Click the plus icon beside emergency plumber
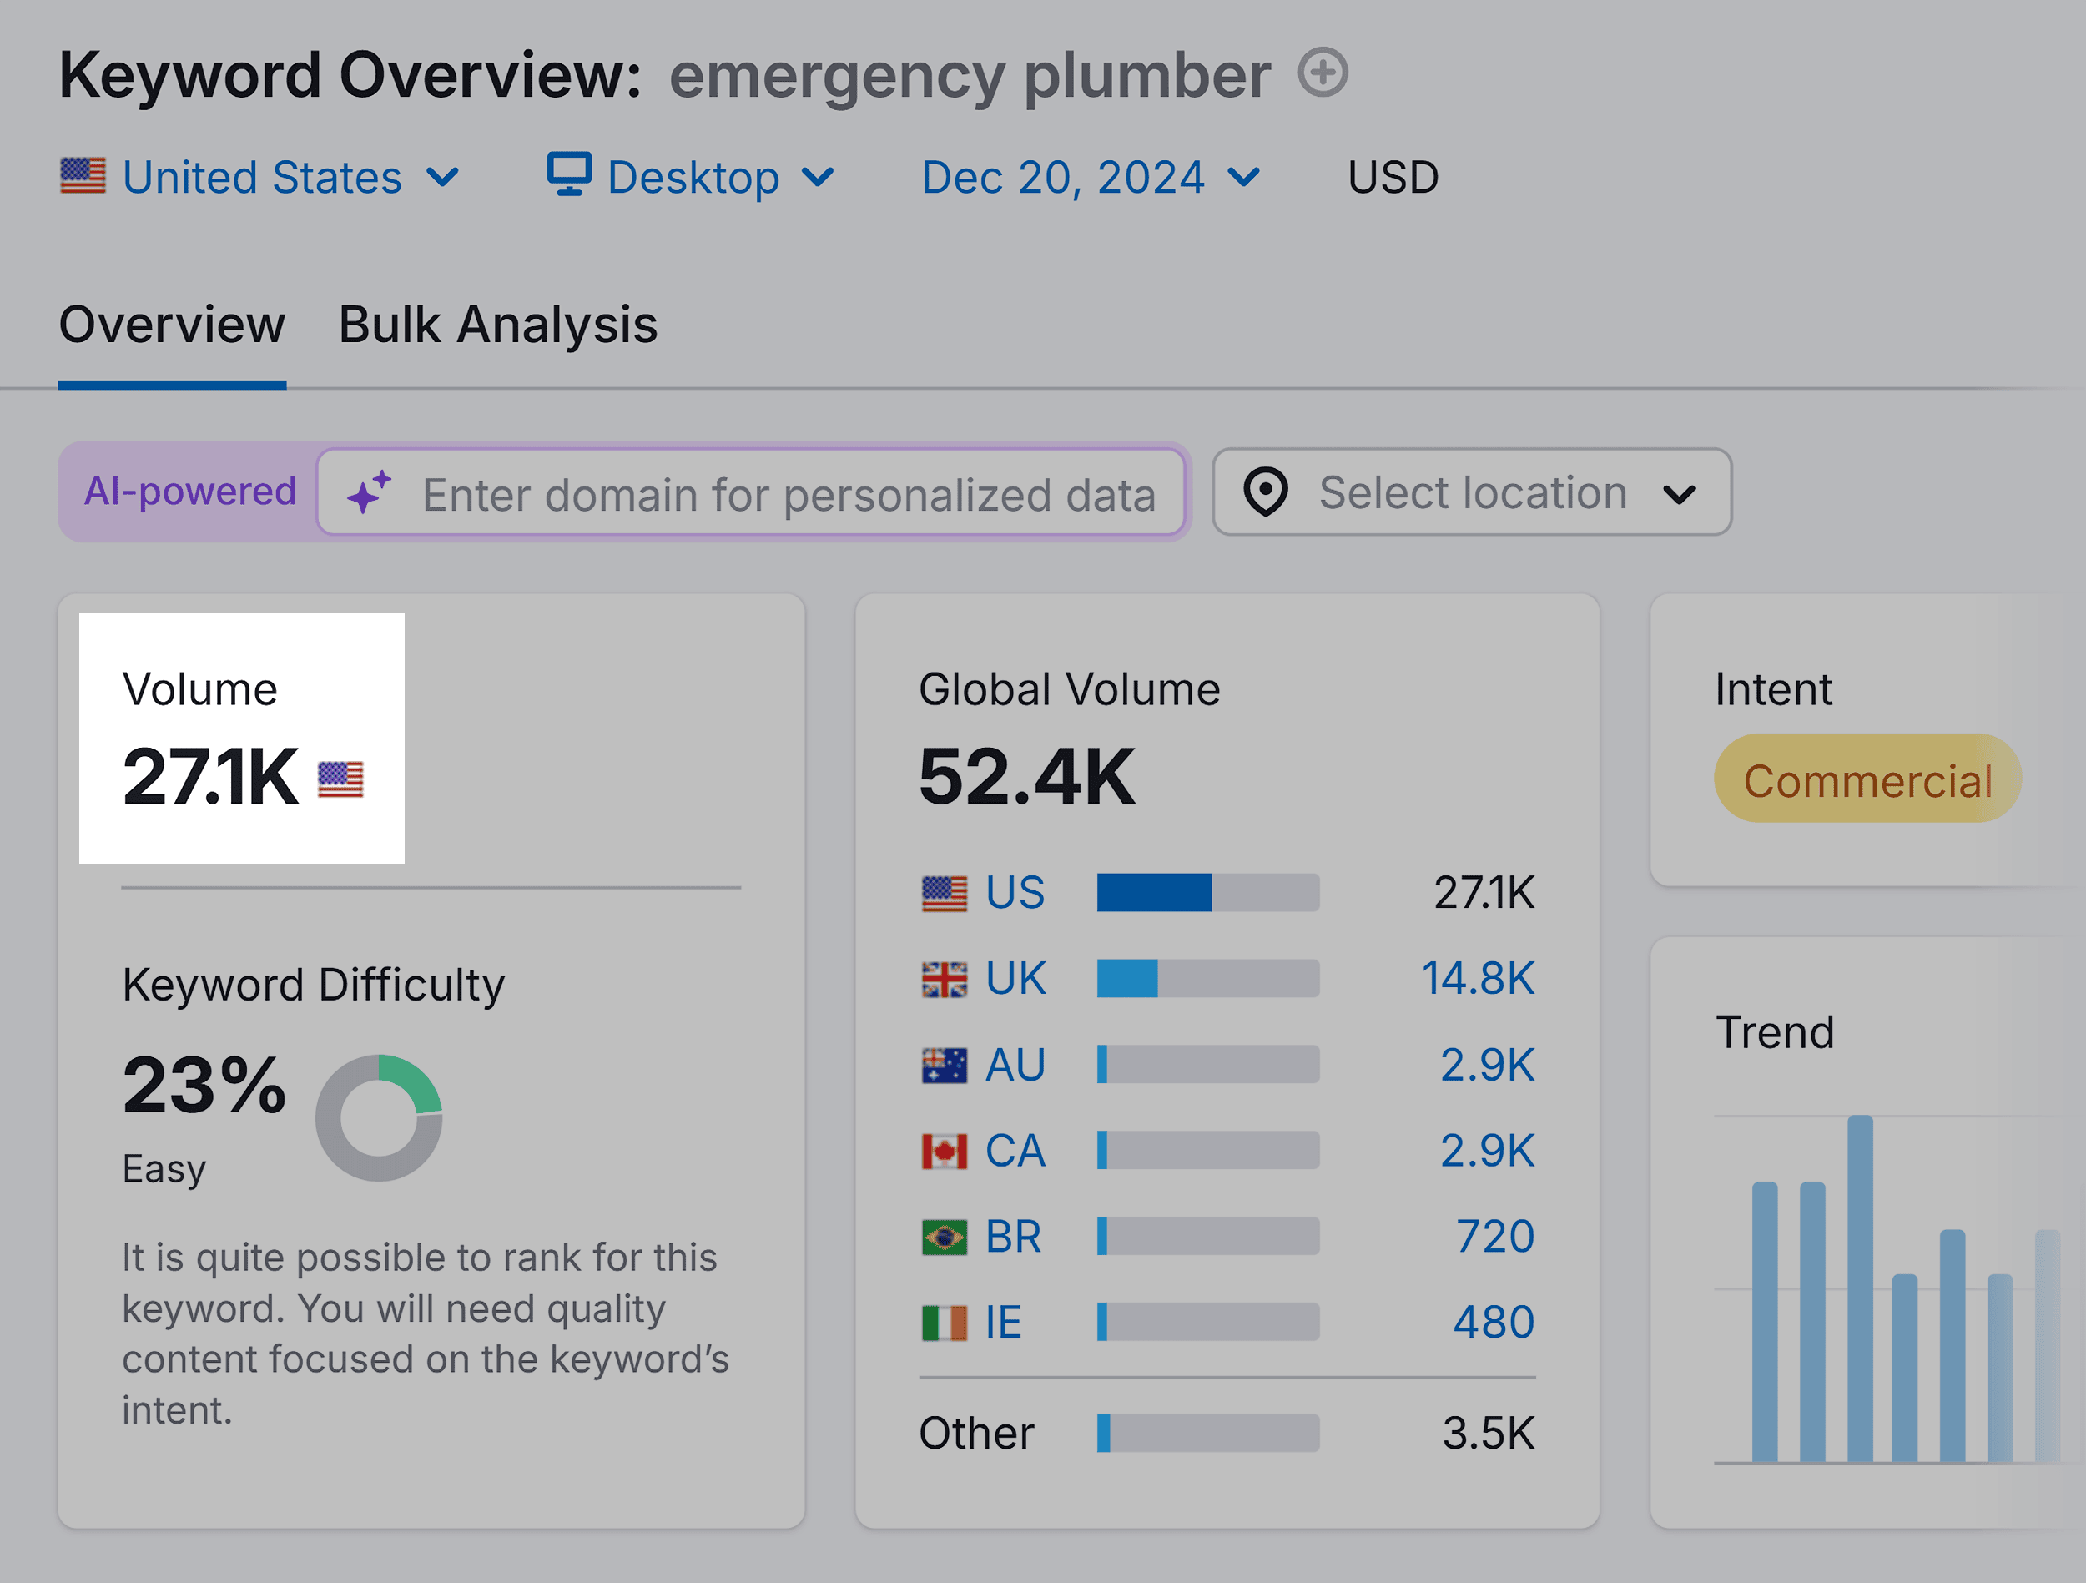click(1323, 73)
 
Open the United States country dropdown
click(259, 178)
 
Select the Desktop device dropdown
click(690, 178)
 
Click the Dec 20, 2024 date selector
click(1089, 178)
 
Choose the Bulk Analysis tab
click(497, 325)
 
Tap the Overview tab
click(172, 325)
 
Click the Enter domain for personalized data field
click(788, 493)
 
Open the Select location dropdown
click(1471, 492)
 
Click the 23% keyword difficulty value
click(204, 1085)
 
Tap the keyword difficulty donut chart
click(378, 1118)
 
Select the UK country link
click(1015, 978)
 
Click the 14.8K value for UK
click(1477, 978)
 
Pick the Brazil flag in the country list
click(943, 1237)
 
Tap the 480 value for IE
click(1493, 1323)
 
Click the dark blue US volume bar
click(1153, 892)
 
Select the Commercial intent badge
click(1867, 779)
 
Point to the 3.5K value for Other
click(1487, 1433)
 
